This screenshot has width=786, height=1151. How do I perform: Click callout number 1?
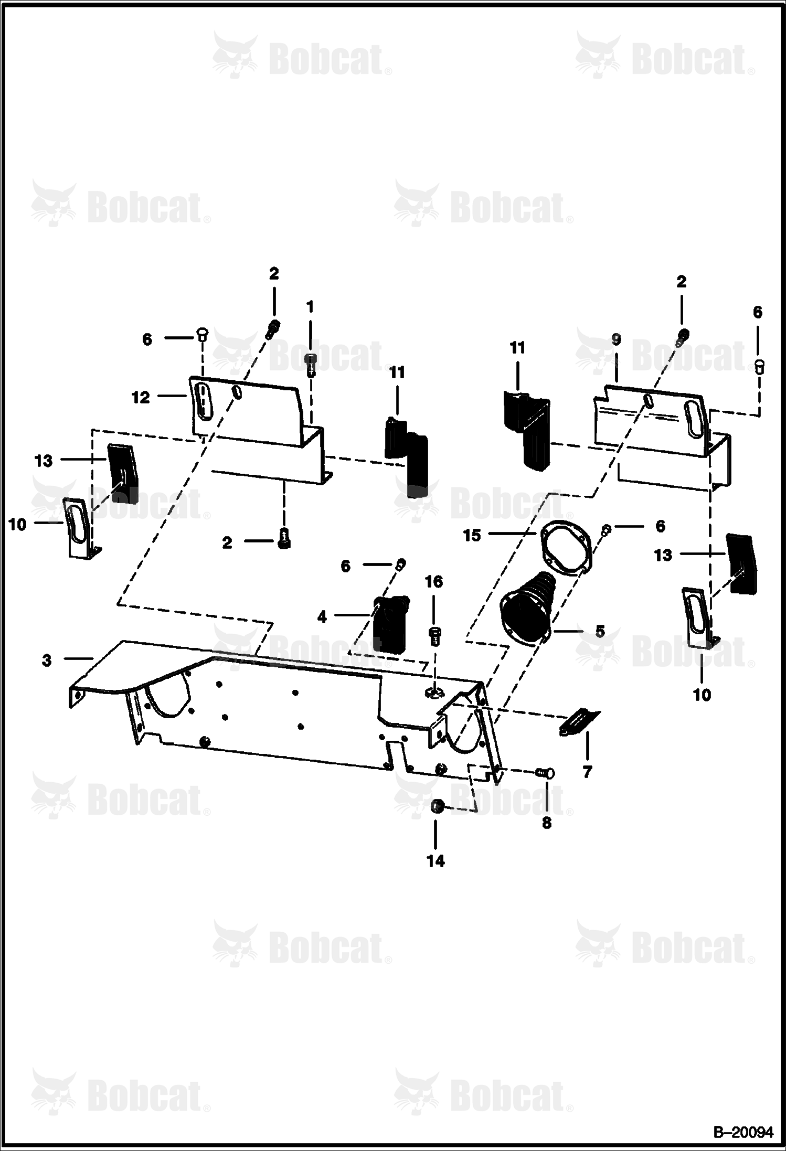(x=310, y=306)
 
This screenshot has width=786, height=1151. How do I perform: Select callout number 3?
(x=47, y=660)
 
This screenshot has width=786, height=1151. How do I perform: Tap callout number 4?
(x=322, y=617)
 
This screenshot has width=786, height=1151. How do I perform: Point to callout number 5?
(x=600, y=631)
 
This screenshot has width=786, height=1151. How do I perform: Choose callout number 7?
(x=587, y=772)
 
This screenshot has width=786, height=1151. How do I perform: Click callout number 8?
(x=547, y=823)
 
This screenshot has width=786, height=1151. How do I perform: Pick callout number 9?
(x=616, y=339)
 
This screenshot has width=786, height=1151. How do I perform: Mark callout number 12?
(x=141, y=398)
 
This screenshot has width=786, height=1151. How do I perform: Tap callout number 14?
(x=436, y=861)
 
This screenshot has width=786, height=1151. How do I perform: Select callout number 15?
(x=472, y=536)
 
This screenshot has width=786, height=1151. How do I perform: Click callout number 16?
(x=434, y=582)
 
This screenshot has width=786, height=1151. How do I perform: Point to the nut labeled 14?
(x=436, y=806)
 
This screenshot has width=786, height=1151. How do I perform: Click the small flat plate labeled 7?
(x=579, y=722)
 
